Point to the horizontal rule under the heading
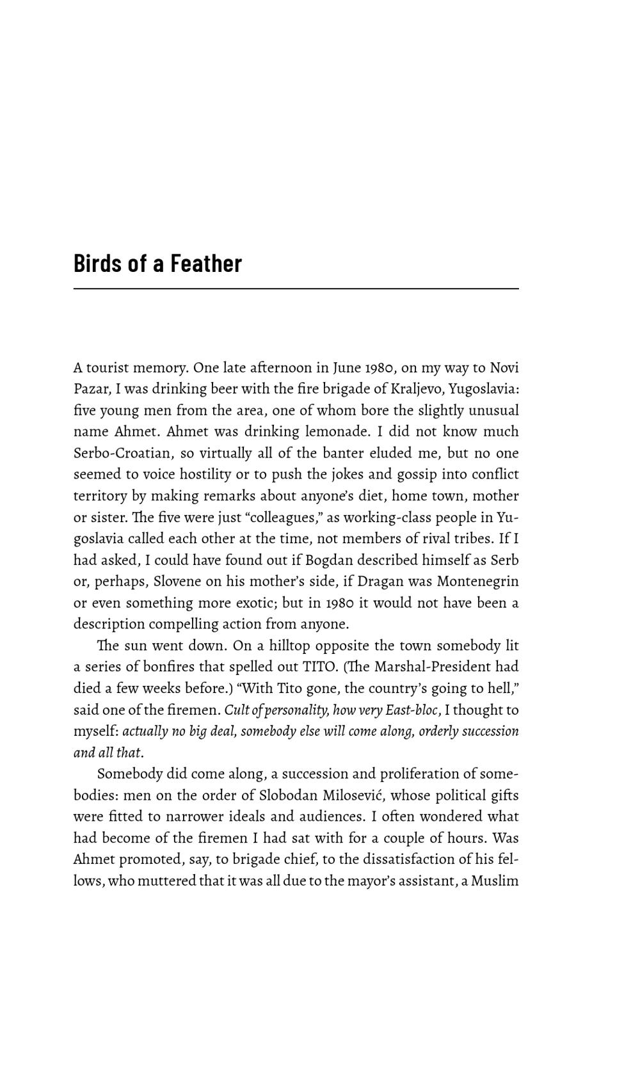coord(296,289)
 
